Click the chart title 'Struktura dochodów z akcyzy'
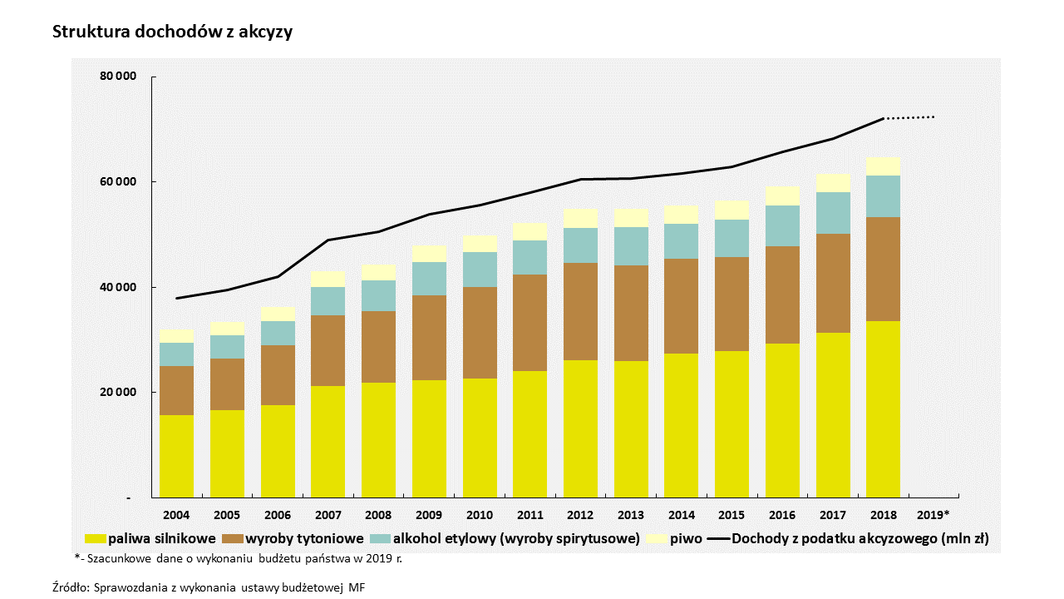(172, 32)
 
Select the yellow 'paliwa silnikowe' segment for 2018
(883, 408)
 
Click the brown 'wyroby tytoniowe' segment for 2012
(580, 311)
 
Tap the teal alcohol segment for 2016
(782, 225)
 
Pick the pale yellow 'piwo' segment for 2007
(328, 279)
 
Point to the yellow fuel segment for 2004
(176, 456)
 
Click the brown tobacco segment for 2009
(429, 338)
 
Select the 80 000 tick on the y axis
(119, 77)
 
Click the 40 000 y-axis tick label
(119, 288)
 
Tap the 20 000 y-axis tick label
(119, 393)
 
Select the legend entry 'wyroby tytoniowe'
(304, 538)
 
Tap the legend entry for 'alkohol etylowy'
(516, 538)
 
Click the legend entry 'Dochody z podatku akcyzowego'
(860, 538)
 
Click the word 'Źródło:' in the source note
(69, 587)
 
